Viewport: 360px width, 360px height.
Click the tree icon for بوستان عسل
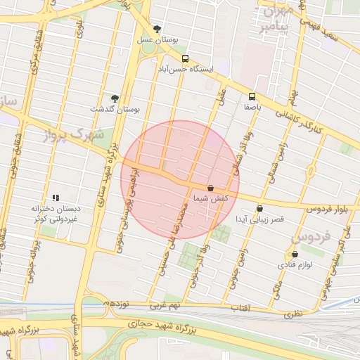tap(156, 29)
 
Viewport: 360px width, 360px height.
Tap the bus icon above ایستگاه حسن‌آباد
tap(185, 58)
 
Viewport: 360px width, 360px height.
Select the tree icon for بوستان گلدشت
tap(115, 98)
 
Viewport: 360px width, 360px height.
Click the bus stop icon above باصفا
tap(252, 96)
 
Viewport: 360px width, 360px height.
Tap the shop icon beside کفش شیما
tap(211, 188)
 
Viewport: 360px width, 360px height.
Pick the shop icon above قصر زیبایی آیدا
tap(260, 208)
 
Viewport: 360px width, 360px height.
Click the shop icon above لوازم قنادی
tap(295, 254)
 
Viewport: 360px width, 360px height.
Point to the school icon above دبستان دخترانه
tap(56, 198)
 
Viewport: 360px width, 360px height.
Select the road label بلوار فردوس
tap(328, 209)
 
